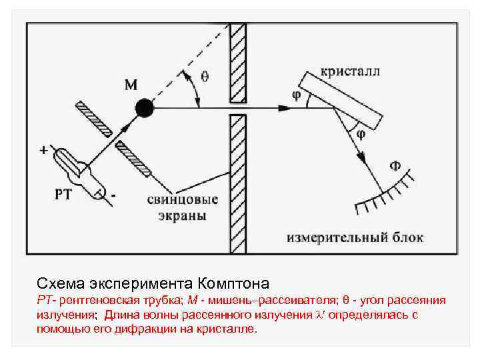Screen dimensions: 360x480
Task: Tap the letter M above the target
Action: [131, 85]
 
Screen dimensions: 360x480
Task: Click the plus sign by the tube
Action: [43, 151]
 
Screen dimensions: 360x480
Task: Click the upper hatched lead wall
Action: [237, 63]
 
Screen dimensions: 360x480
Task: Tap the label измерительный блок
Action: [355, 237]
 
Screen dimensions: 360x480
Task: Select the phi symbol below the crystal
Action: [360, 134]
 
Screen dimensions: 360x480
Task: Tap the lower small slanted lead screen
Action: [133, 159]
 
